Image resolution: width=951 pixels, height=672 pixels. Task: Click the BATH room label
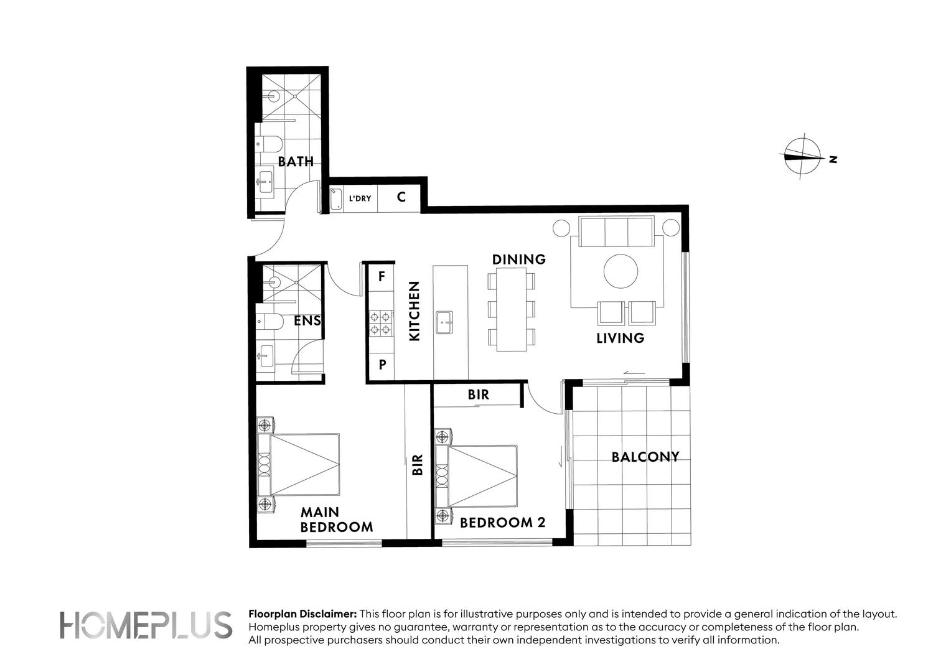(296, 162)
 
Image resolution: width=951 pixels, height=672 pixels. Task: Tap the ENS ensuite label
(307, 321)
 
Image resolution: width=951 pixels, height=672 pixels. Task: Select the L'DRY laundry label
(360, 198)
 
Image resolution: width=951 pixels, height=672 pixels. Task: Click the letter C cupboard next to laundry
(401, 197)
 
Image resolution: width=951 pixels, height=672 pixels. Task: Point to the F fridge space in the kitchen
(382, 276)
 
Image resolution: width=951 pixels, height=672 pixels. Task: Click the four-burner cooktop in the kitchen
(381, 323)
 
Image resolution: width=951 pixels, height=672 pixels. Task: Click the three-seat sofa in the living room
(616, 232)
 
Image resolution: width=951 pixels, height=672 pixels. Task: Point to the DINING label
(518, 259)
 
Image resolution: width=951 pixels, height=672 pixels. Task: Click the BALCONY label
(645, 457)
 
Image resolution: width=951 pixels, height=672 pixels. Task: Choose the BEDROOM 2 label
(502, 523)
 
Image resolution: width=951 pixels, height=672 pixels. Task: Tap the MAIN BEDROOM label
(336, 520)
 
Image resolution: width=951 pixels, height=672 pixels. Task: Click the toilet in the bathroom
(268, 144)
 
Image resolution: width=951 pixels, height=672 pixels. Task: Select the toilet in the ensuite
(268, 321)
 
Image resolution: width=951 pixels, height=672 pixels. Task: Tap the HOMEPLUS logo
(146, 625)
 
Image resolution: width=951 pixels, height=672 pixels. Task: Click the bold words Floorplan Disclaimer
(302, 614)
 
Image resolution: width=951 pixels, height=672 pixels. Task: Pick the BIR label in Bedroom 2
(478, 394)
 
